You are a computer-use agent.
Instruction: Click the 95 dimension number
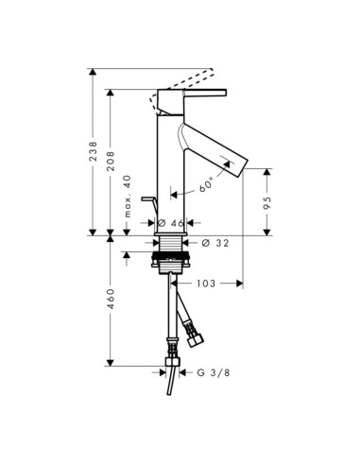267,202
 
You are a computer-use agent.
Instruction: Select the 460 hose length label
111,301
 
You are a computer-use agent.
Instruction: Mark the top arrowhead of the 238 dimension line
93,72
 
